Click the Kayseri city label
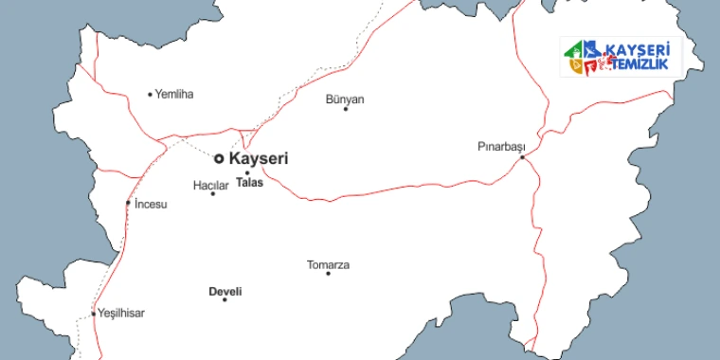(x=259, y=159)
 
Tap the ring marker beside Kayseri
(x=219, y=159)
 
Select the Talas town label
(x=249, y=183)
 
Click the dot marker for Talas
(x=247, y=172)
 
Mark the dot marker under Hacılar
(x=212, y=194)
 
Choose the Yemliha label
(x=173, y=94)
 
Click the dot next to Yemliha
(x=150, y=94)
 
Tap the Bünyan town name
(x=345, y=99)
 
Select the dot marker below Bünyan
(x=345, y=109)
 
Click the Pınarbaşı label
(x=500, y=147)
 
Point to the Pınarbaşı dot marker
(x=522, y=157)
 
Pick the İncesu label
(x=151, y=204)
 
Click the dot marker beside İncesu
(x=128, y=203)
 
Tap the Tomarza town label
(x=328, y=264)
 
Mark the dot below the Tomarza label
(x=328, y=274)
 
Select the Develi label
(x=225, y=291)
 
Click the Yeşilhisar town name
(x=121, y=313)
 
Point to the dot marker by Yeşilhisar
(x=93, y=313)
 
